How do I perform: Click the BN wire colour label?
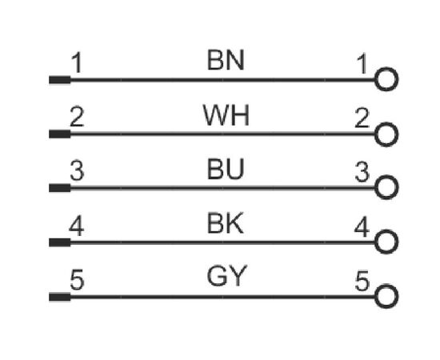point(226,60)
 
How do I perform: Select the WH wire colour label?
point(226,115)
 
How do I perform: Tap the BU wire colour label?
point(226,169)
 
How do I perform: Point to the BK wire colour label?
point(225,223)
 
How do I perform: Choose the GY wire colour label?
point(227,276)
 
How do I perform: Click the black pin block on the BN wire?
point(60,80)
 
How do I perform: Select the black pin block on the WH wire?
point(60,134)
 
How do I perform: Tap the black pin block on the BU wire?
point(60,188)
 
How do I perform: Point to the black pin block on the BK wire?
point(60,242)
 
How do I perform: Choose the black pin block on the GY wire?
point(60,297)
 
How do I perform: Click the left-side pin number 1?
point(76,63)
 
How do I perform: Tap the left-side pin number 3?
point(77,170)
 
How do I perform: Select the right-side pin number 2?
point(362,118)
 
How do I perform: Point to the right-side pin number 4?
point(362,226)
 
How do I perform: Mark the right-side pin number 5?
point(362,281)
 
